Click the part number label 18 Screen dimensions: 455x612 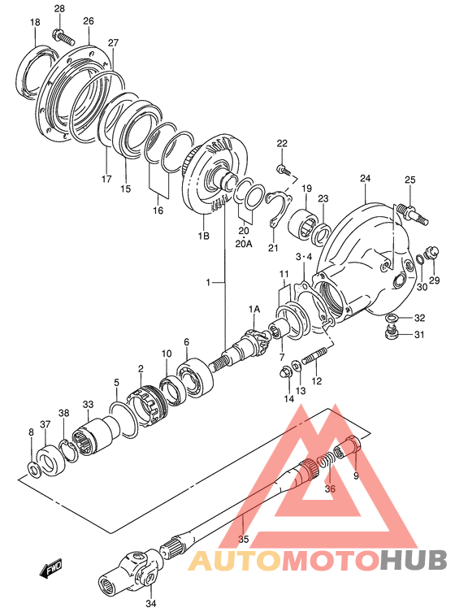pos(35,22)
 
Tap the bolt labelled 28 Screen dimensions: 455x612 pos(63,37)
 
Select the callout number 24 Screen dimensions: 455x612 pos(366,179)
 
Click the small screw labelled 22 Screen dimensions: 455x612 pos(282,169)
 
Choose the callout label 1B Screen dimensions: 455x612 pos(203,236)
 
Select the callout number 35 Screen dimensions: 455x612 pos(244,539)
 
